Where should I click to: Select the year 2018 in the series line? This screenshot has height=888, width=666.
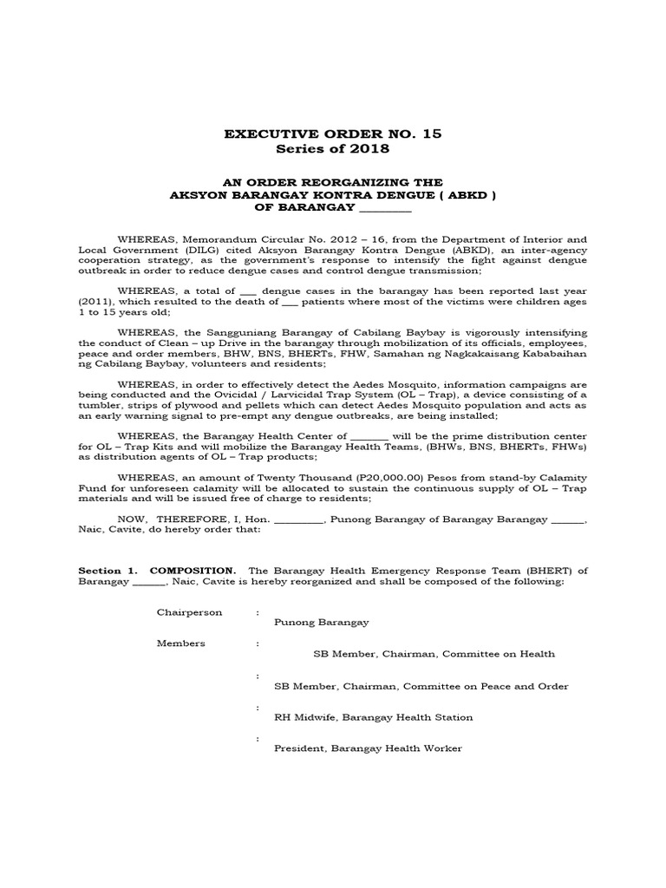pos(369,149)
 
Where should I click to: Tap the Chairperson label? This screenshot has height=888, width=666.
pos(189,612)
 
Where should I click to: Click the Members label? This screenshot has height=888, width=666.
pos(180,643)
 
